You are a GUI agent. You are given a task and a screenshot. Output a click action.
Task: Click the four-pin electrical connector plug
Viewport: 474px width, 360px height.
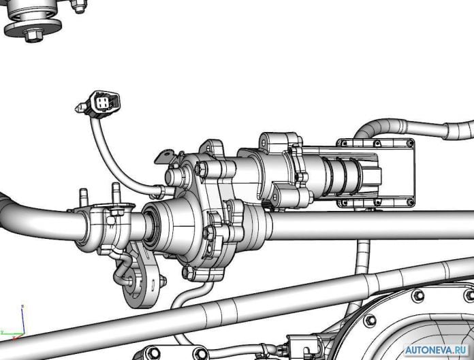[103, 103]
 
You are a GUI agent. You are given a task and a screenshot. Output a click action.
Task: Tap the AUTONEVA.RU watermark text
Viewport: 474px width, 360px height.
[437, 350]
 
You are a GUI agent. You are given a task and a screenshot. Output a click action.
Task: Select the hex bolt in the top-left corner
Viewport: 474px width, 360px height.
[33, 35]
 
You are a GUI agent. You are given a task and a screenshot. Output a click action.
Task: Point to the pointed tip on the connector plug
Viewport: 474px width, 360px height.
[77, 108]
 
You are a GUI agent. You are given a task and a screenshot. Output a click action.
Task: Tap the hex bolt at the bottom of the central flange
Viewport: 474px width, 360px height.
[188, 272]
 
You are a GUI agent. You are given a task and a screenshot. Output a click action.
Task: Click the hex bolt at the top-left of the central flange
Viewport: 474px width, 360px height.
[201, 168]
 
